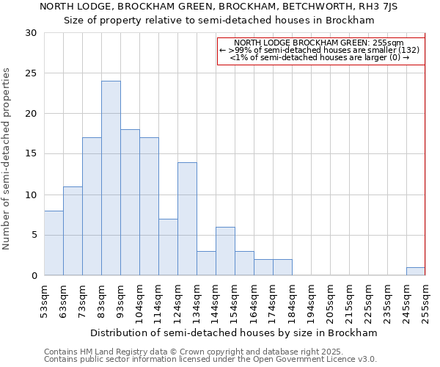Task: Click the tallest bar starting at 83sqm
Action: (x=111, y=178)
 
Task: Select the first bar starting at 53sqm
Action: (x=54, y=243)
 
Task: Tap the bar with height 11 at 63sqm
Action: (x=73, y=231)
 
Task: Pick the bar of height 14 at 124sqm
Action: (x=187, y=219)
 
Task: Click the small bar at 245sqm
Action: (x=415, y=272)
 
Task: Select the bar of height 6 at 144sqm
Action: (x=225, y=251)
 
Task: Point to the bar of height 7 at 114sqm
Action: (x=168, y=247)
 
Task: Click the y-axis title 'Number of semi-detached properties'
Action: (x=7, y=159)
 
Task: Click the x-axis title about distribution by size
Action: (x=234, y=333)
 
